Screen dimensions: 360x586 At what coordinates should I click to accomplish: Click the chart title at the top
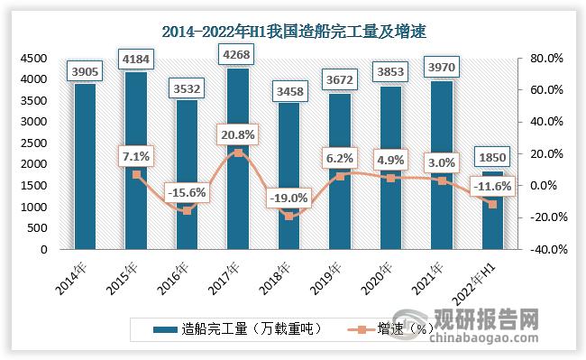[x=293, y=32]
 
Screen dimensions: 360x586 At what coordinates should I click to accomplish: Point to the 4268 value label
[x=237, y=55]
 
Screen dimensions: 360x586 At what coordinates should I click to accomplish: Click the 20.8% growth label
[x=237, y=134]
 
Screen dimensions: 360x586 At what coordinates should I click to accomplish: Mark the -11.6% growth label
[x=491, y=186]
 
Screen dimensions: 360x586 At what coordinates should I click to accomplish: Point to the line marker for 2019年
[x=338, y=176]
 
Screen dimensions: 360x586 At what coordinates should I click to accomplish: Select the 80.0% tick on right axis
[x=547, y=58]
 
